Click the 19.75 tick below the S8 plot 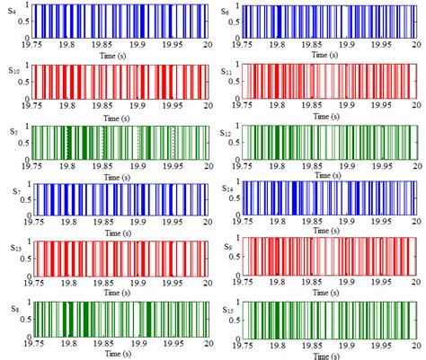coord(32,343)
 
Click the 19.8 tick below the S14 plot coord(280,224)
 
